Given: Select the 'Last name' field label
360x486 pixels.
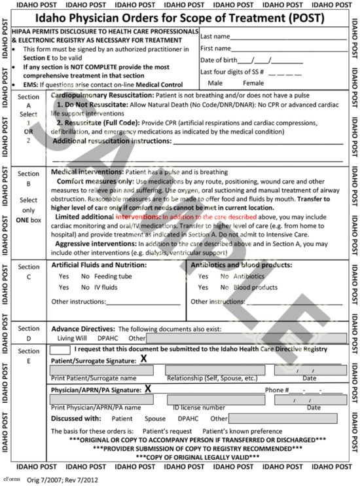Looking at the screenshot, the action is coord(215,37).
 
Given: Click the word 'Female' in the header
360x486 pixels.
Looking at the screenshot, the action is coord(253,83).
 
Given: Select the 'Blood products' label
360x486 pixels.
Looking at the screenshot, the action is coord(255,287).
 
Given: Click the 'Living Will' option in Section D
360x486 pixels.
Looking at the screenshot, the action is coord(73,338).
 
